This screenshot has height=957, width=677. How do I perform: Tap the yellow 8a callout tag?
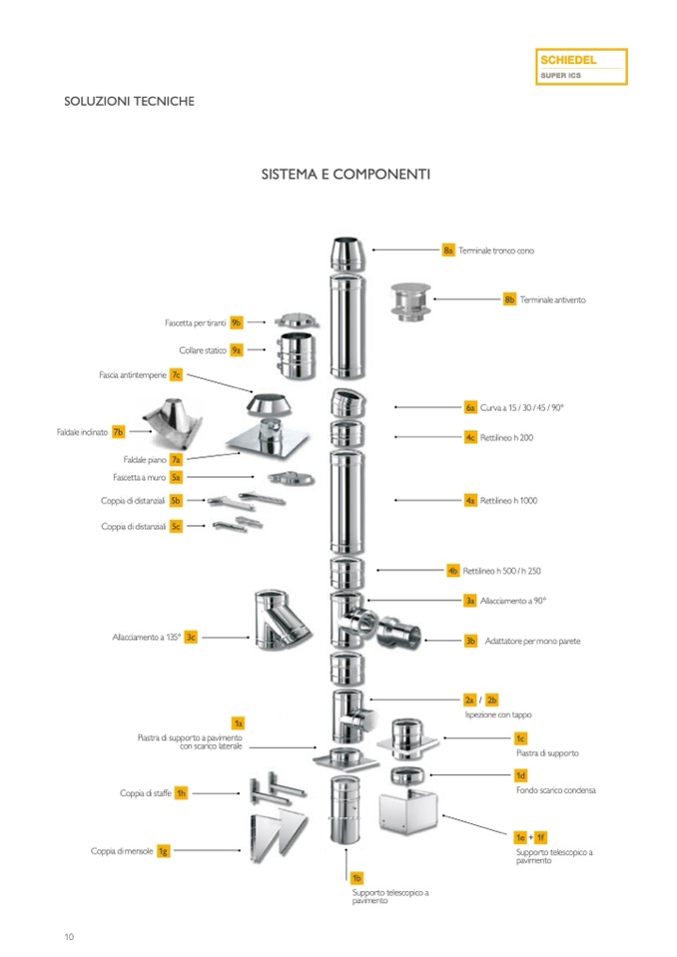pos(448,249)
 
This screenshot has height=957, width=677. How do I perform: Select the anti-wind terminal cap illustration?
pos(408,302)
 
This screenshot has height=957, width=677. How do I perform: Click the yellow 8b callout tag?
pos(509,299)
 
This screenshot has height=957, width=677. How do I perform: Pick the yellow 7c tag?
pos(176,375)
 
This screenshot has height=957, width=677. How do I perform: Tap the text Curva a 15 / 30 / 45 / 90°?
pos(522,407)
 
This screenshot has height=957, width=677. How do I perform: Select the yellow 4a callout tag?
pos(470,500)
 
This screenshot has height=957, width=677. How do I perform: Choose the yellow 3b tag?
pos(470,641)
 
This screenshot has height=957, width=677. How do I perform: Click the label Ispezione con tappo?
pos(498,716)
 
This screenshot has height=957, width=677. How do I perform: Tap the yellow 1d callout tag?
pos(520,775)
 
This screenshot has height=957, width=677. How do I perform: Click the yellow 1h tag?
pos(182,793)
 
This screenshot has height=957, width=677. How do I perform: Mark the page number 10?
pos(69,936)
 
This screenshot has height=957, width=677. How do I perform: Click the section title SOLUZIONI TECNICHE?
pos(130,101)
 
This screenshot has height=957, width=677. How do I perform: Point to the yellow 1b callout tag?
pos(356,877)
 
